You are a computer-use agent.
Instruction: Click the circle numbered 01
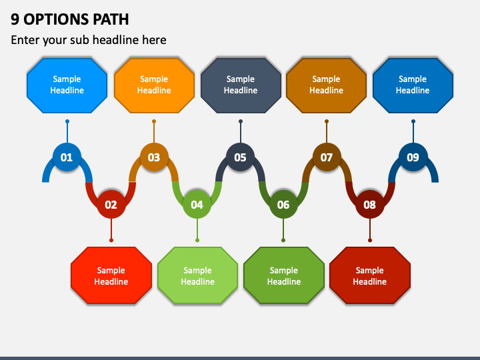pyautogui.click(x=67, y=157)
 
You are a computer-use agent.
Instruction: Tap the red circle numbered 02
pyautogui.click(x=111, y=204)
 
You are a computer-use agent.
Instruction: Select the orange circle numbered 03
pyautogui.click(x=154, y=157)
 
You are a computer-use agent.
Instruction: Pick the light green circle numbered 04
pyautogui.click(x=197, y=204)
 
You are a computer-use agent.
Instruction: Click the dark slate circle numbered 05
pyautogui.click(x=240, y=157)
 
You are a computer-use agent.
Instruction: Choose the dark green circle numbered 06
pyautogui.click(x=283, y=204)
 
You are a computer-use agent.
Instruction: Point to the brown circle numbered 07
pyautogui.click(x=327, y=157)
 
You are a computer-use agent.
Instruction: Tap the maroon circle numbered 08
pyautogui.click(x=370, y=204)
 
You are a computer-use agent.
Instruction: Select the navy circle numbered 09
pyautogui.click(x=413, y=157)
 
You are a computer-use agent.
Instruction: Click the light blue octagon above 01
pyautogui.click(x=67, y=85)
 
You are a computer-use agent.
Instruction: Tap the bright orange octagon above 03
pyautogui.click(x=154, y=85)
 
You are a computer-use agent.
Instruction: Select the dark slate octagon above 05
pyautogui.click(x=241, y=85)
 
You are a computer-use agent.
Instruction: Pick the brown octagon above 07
pyautogui.click(x=326, y=85)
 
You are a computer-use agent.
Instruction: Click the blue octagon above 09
pyautogui.click(x=413, y=85)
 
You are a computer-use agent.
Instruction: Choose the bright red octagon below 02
pyautogui.click(x=111, y=275)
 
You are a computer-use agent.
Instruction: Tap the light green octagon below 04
pyautogui.click(x=198, y=275)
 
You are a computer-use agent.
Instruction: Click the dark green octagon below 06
pyautogui.click(x=284, y=275)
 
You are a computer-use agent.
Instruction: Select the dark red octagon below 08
pyautogui.click(x=370, y=275)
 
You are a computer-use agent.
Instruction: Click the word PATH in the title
pyautogui.click(x=111, y=19)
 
